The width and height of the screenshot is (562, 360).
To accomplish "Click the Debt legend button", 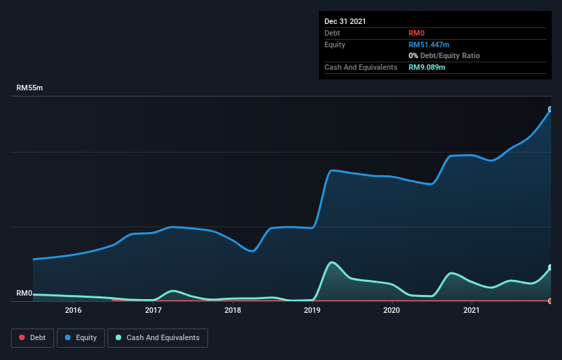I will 32,337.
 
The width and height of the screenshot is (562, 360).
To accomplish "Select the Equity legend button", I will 81,337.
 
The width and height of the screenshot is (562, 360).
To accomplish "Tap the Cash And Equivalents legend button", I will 157,337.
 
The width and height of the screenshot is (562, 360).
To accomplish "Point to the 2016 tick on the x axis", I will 73,310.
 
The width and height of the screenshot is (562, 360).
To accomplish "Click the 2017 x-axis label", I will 153,310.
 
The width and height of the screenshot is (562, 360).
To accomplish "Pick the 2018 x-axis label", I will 233,310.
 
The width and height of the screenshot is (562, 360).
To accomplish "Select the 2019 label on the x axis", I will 312,310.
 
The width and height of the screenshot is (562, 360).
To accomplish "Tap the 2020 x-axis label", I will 392,310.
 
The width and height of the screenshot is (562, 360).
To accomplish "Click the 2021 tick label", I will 472,310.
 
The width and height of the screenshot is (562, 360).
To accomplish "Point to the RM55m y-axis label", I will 29,88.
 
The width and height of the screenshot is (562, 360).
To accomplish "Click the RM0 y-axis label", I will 25,293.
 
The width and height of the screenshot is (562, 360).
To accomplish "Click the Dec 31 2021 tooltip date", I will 345,21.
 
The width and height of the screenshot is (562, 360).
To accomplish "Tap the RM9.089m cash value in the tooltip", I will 427,67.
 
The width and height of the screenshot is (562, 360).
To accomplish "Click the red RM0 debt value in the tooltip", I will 416,33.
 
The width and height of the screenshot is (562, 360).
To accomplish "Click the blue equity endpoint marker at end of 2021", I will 550,109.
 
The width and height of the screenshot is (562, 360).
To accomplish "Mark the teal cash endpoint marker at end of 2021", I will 550,268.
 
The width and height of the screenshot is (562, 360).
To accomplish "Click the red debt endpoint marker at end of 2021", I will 550,300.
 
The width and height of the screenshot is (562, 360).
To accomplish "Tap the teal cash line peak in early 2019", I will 332,262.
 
